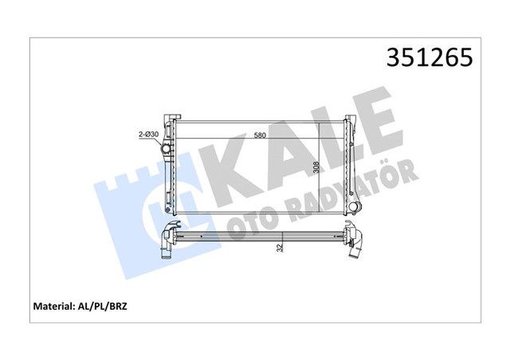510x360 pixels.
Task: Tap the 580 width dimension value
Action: [x=261, y=135]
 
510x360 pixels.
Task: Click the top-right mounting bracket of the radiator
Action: [x=348, y=121]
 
